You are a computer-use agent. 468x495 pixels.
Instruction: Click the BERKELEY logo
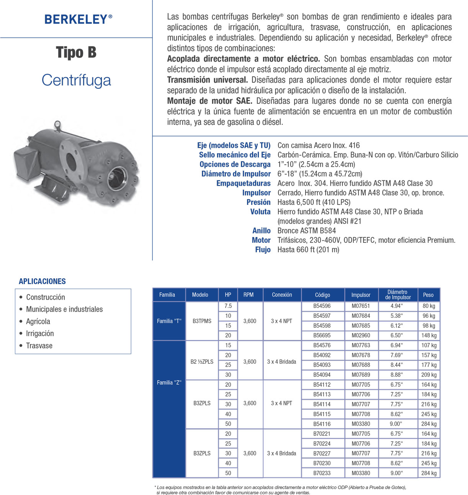point(78,19)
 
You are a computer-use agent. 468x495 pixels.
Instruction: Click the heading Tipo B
point(76,52)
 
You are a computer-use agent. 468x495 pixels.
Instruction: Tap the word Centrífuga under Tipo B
point(76,80)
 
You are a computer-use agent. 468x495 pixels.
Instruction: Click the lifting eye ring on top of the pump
point(57,124)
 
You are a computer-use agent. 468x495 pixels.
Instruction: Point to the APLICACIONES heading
point(42,281)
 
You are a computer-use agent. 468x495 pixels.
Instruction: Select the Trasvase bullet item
point(39,346)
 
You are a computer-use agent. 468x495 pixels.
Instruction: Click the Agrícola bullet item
point(38,322)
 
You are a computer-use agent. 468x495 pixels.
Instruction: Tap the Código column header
point(322,295)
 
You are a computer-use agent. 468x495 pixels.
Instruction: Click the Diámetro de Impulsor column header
point(398,295)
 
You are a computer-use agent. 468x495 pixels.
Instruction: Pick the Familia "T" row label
point(169,321)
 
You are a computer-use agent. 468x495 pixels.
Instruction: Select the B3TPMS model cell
point(202,321)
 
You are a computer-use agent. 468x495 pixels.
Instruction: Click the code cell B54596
point(322,306)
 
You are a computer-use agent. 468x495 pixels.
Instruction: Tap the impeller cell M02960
point(361,335)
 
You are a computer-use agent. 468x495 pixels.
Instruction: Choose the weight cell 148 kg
point(429,335)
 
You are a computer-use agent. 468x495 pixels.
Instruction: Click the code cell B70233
point(322,473)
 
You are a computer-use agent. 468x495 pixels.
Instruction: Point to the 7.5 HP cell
point(228,306)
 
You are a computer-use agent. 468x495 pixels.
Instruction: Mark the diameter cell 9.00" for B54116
point(396,424)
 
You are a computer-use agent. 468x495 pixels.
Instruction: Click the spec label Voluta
point(260,212)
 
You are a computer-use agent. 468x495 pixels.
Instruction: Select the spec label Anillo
point(261,231)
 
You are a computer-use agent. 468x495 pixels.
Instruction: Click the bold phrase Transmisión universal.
point(207,80)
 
